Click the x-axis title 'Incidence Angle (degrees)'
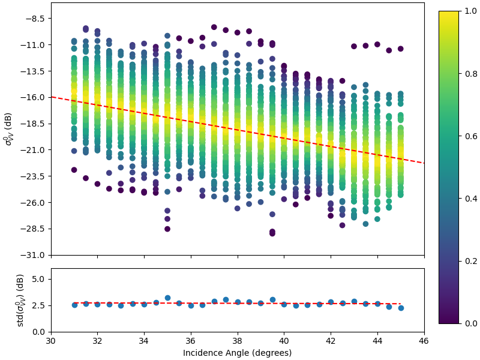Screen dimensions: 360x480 click(x=237, y=353)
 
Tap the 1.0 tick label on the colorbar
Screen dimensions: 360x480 click(x=471, y=11)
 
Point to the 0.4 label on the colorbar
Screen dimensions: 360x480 click(x=471, y=199)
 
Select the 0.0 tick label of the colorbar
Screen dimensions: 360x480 click(x=471, y=323)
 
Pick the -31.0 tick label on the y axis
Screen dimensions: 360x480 click(x=34, y=255)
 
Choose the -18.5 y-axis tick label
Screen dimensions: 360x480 click(x=34, y=124)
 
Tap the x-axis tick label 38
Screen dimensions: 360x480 click(x=238, y=340)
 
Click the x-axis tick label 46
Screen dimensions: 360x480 click(x=424, y=340)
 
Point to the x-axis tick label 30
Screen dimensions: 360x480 click(x=51, y=340)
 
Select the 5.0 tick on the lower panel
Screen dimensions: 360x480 click(x=39, y=279)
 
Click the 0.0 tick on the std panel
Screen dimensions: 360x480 click(x=39, y=332)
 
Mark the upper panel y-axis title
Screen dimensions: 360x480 click(x=8, y=129)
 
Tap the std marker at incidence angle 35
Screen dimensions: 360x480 click(x=167, y=298)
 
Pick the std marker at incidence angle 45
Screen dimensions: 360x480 click(x=401, y=308)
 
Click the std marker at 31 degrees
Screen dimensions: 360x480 click(x=74, y=305)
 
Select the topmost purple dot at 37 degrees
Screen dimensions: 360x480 click(x=214, y=27)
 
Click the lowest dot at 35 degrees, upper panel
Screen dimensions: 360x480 click(x=167, y=229)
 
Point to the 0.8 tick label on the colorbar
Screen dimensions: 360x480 click(x=471, y=74)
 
